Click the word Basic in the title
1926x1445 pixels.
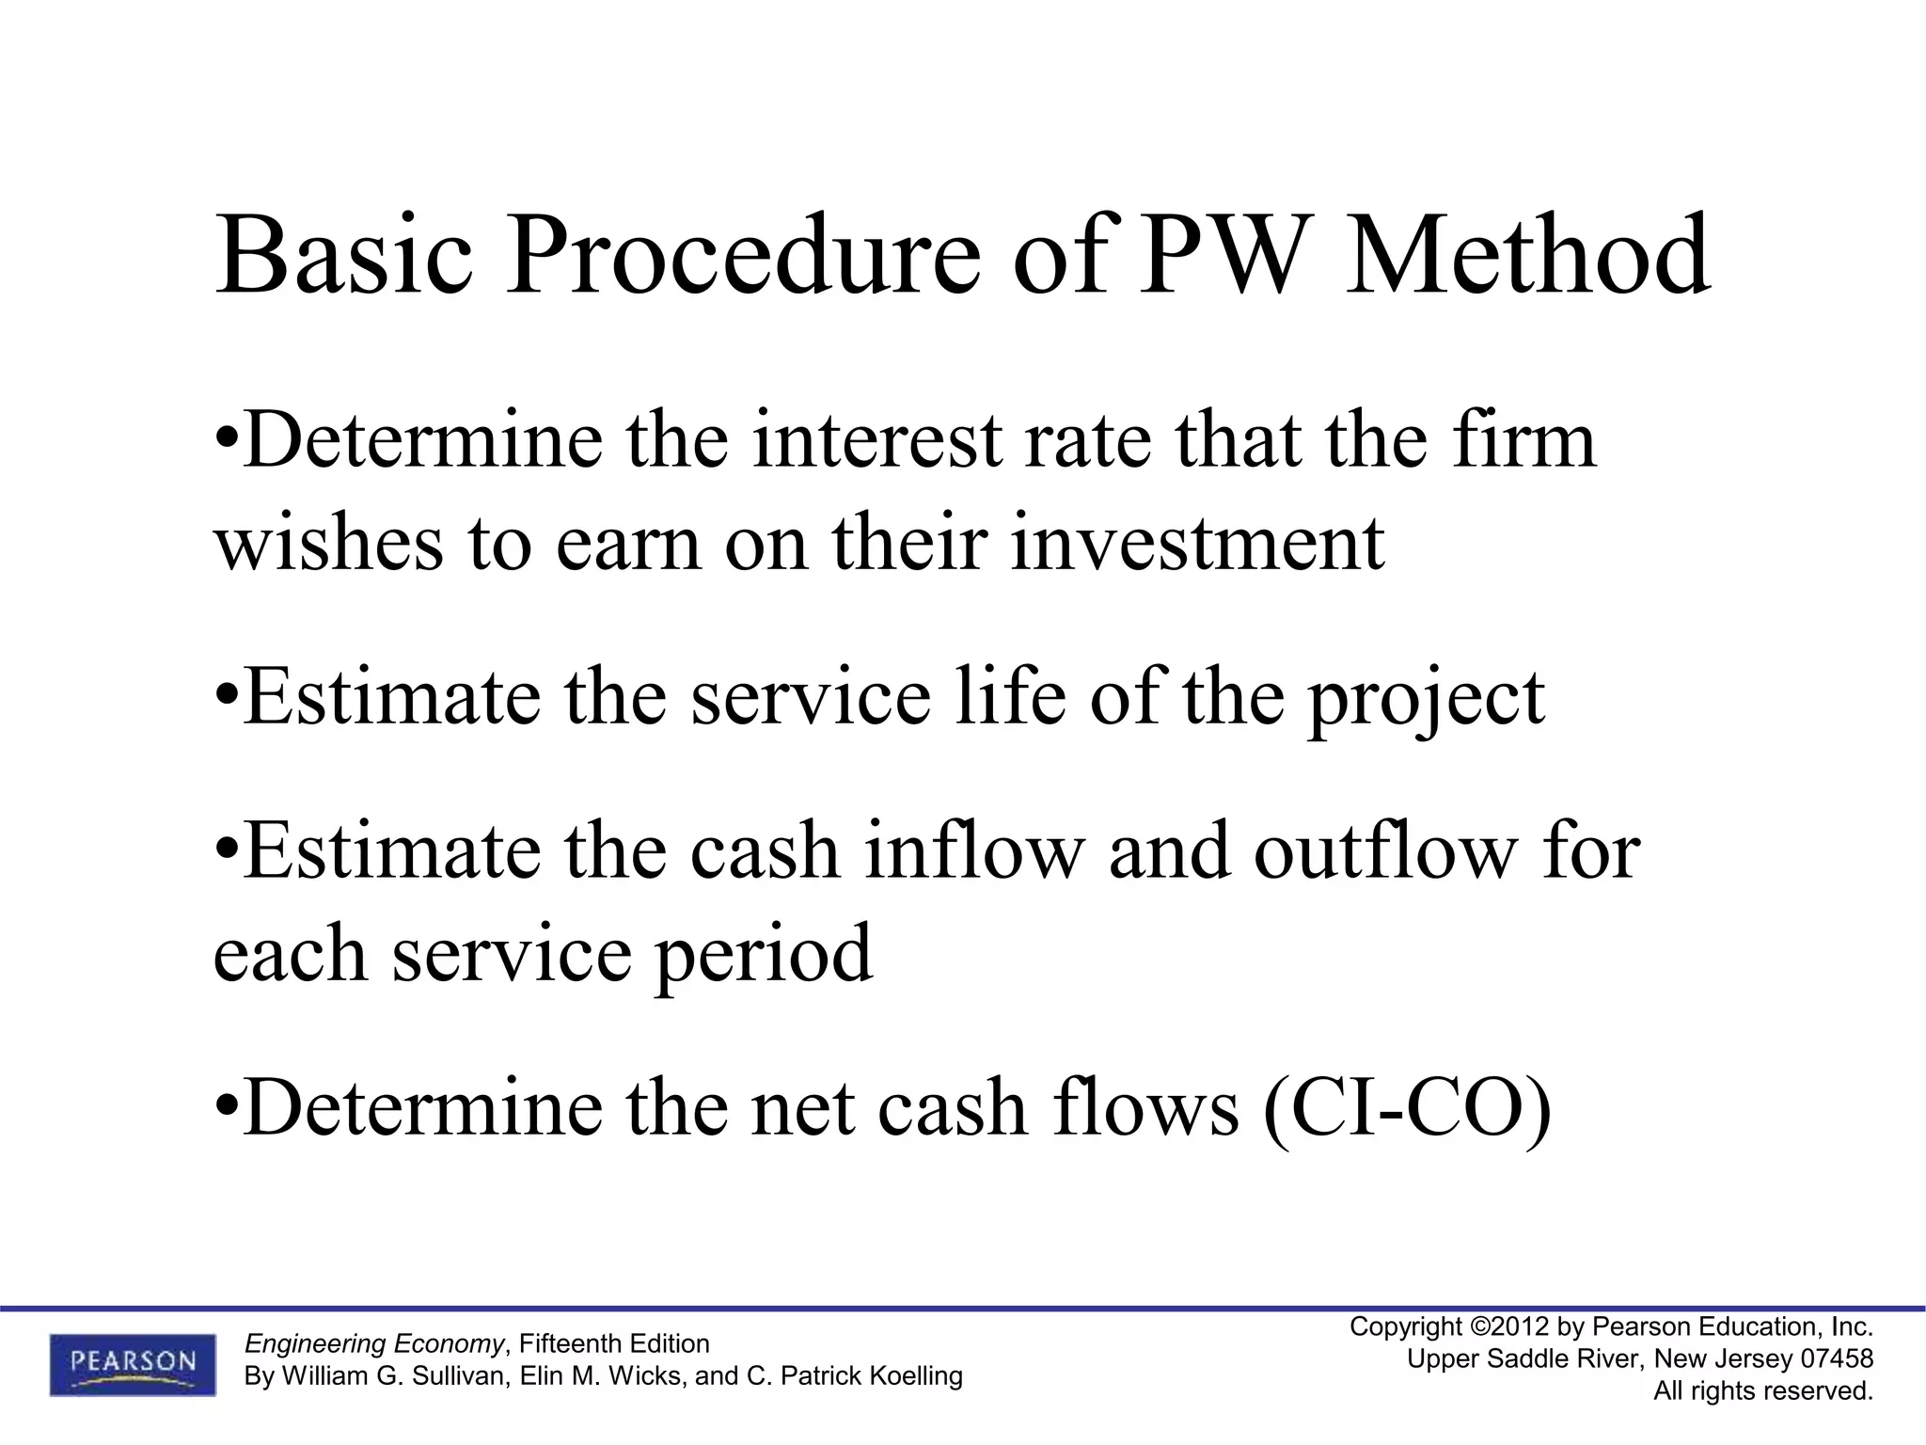pyautogui.click(x=344, y=256)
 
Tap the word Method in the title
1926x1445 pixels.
pyautogui.click(x=1527, y=256)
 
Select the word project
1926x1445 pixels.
pyautogui.click(x=1426, y=701)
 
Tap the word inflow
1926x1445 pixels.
pyautogui.click(x=974, y=851)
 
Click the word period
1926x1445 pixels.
pyautogui.click(x=764, y=956)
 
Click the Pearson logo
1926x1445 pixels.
pyautogui.click(x=133, y=1364)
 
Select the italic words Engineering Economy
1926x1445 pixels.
pyautogui.click(x=374, y=1343)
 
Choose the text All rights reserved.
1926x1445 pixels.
pyautogui.click(x=1763, y=1391)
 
